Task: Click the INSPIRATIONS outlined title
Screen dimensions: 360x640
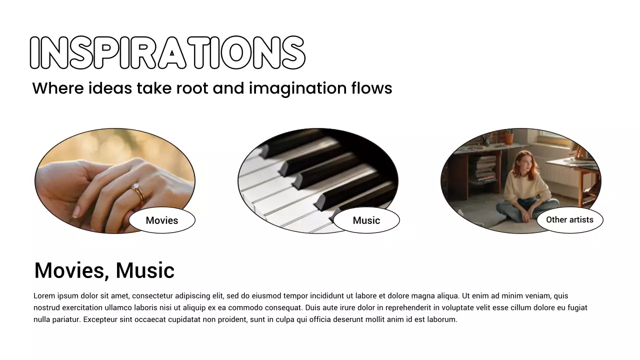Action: [167, 52]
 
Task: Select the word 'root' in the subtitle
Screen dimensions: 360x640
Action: [192, 88]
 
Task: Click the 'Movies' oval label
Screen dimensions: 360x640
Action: [162, 220]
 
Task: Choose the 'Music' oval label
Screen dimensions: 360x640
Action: [366, 220]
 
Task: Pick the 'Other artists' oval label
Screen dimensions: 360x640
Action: [569, 220]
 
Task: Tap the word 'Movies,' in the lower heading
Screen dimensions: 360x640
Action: [72, 270]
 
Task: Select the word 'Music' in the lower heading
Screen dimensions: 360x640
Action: [145, 270]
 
